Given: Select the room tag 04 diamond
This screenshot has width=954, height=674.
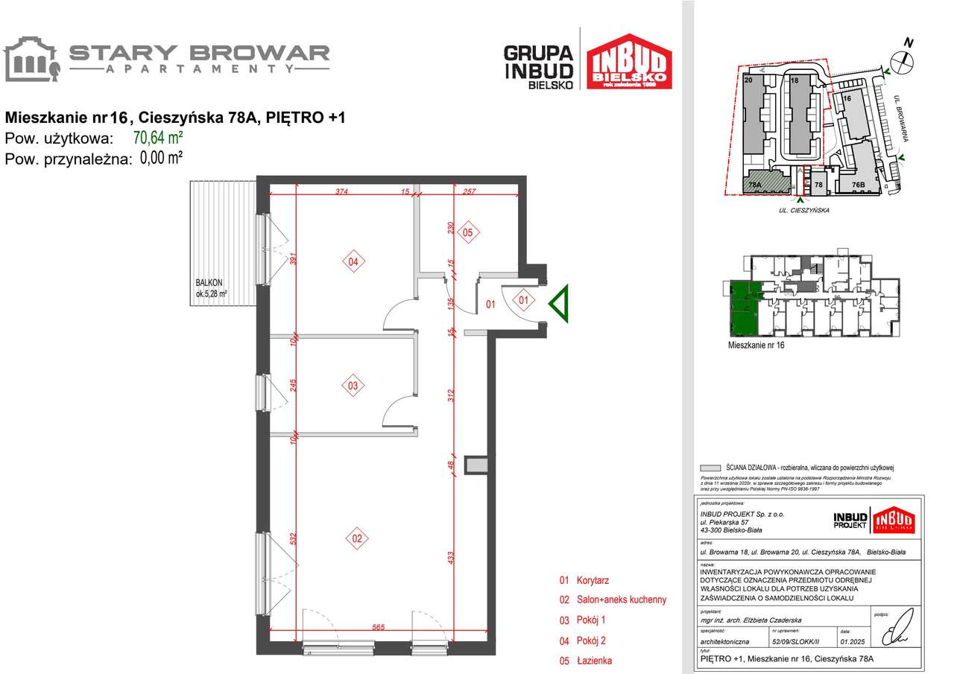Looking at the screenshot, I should pyautogui.click(x=353, y=261).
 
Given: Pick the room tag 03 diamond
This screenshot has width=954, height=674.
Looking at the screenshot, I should pyautogui.click(x=353, y=386).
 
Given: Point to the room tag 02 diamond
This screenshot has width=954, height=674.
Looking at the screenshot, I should pyautogui.click(x=357, y=538).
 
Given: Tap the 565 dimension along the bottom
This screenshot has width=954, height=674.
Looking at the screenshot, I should pyautogui.click(x=377, y=628).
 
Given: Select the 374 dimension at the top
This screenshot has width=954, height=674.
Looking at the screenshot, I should pyautogui.click(x=341, y=191).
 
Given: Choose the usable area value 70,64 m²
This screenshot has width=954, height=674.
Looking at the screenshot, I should pyautogui.click(x=158, y=137).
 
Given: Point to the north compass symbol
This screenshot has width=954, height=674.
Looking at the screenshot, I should pyautogui.click(x=903, y=61).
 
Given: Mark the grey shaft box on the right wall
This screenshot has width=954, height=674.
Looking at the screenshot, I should pyautogui.click(x=475, y=465).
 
